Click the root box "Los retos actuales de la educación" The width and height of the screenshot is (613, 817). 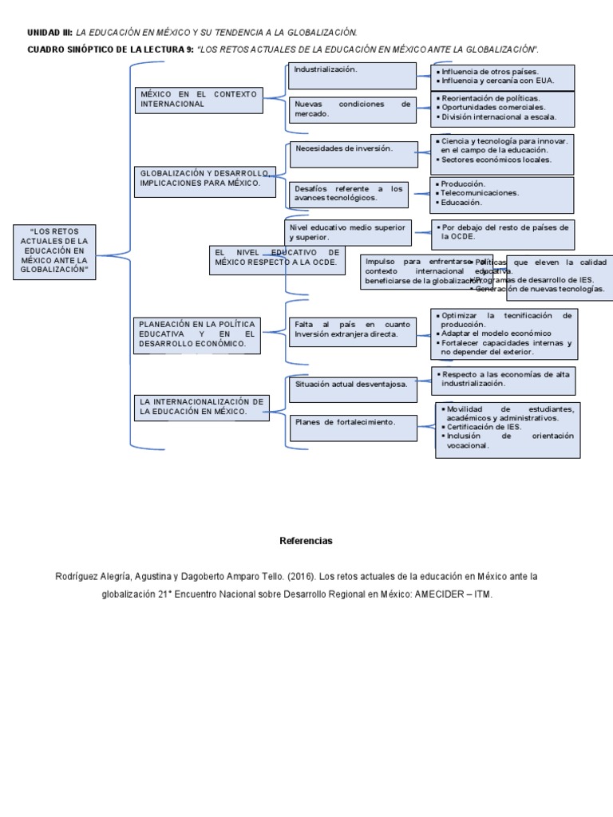click(x=53, y=251)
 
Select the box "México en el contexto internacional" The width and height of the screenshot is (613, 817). click(x=200, y=99)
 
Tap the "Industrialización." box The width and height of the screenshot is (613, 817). click(x=351, y=76)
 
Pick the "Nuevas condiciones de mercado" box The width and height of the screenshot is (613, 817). click(x=351, y=109)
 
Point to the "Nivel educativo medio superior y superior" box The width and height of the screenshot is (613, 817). click(x=348, y=232)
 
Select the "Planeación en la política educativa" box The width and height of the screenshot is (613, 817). click(x=197, y=334)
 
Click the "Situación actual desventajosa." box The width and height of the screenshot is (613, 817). click(x=351, y=384)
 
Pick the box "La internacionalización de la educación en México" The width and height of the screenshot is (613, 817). click(x=201, y=407)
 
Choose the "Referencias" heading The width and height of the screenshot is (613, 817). click(x=306, y=541)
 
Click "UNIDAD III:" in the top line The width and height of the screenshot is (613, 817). click(x=49, y=33)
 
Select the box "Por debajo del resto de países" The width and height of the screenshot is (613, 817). click(x=503, y=232)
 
